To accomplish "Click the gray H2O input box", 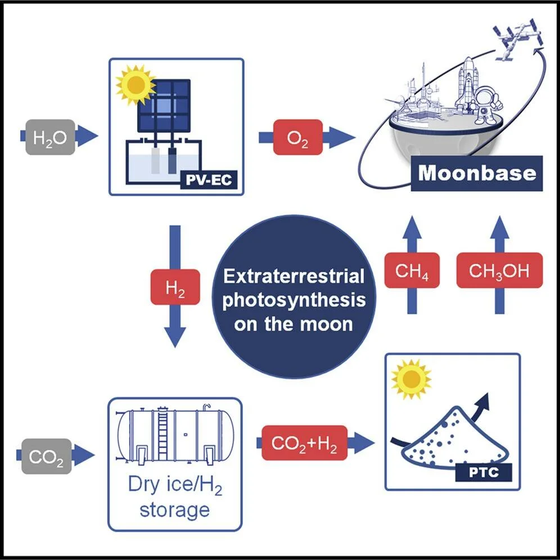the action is tap(51, 137).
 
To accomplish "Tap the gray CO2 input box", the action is tap(47, 456).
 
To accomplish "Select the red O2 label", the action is tap(298, 137).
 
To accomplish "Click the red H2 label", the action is tap(175, 287).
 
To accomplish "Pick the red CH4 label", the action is tap(412, 270).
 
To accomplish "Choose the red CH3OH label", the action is tap(499, 270).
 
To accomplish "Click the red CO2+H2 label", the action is tap(305, 443).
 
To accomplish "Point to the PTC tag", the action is tap(484, 472).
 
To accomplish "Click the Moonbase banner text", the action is tap(477, 173).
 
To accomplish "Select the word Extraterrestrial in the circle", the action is tap(293, 277).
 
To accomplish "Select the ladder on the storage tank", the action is tap(162, 433).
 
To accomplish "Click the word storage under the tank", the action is tap(175, 509).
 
